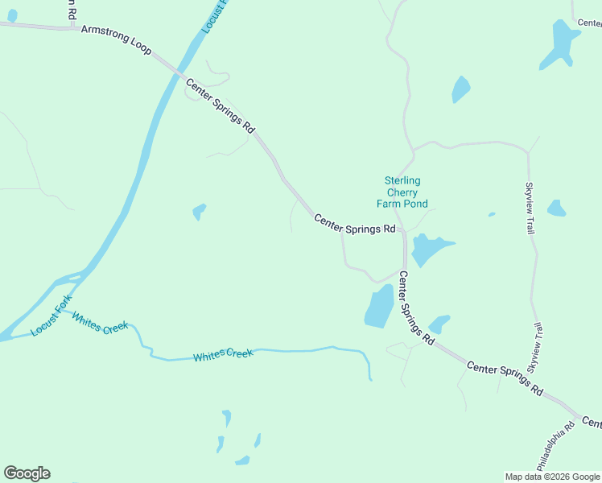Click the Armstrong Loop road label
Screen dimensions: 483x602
116,39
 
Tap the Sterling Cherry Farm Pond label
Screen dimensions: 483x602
402,192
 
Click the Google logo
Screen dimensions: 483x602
27,473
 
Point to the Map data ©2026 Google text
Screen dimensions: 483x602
552,477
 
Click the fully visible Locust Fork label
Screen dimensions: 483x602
52,316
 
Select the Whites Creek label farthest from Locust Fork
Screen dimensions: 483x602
223,354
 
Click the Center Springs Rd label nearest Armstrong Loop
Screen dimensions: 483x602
220,105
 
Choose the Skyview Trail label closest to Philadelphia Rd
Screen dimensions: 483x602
536,347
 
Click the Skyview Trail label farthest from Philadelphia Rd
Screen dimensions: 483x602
530,208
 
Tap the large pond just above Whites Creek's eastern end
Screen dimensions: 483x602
379,307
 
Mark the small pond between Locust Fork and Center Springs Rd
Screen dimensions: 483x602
199,212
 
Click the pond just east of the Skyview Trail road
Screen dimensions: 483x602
556,208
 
